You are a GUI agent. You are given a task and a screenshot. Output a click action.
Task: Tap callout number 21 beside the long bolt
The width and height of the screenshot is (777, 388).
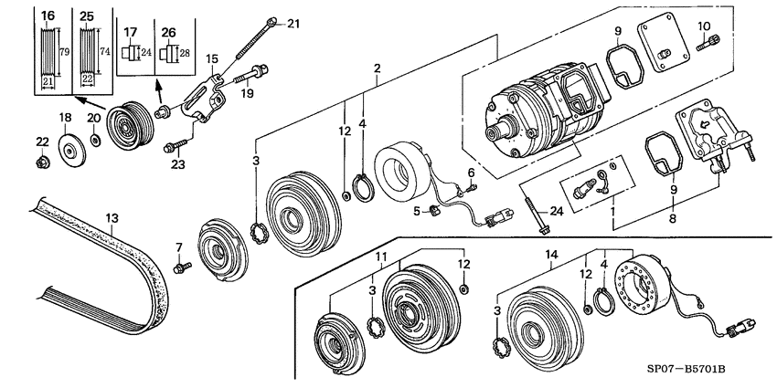tap(293, 23)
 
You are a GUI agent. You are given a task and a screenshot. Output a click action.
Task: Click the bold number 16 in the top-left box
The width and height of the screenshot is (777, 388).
tap(48, 16)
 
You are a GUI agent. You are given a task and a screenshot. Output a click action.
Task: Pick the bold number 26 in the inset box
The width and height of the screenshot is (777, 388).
tap(168, 33)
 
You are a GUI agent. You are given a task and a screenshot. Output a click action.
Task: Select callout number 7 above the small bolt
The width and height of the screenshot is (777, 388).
tap(179, 246)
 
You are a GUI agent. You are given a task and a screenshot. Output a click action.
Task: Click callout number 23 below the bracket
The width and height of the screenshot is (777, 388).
tap(177, 164)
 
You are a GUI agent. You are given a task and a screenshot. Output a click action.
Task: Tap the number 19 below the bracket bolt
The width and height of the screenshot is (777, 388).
tap(244, 92)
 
